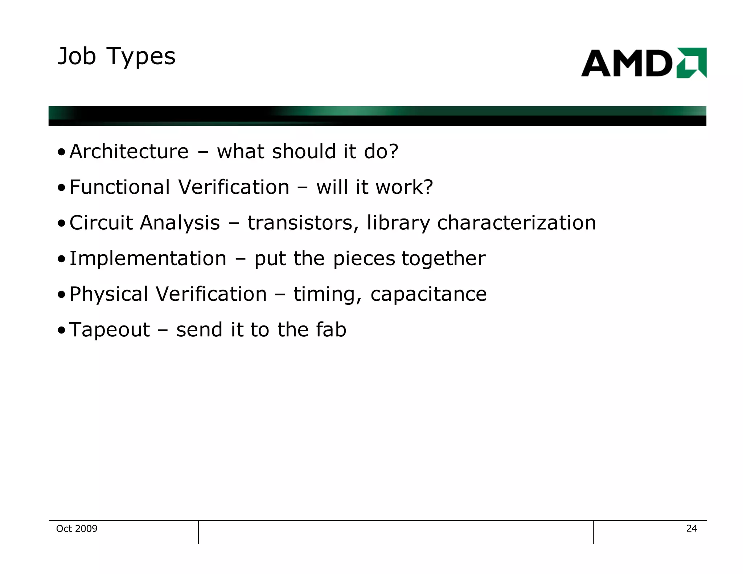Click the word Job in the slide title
77,57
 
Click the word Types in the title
141,57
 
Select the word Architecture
129,151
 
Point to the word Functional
119,187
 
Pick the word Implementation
148,258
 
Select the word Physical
109,294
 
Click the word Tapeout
110,330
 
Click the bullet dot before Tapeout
61,331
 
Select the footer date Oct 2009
77,529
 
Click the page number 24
691,528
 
